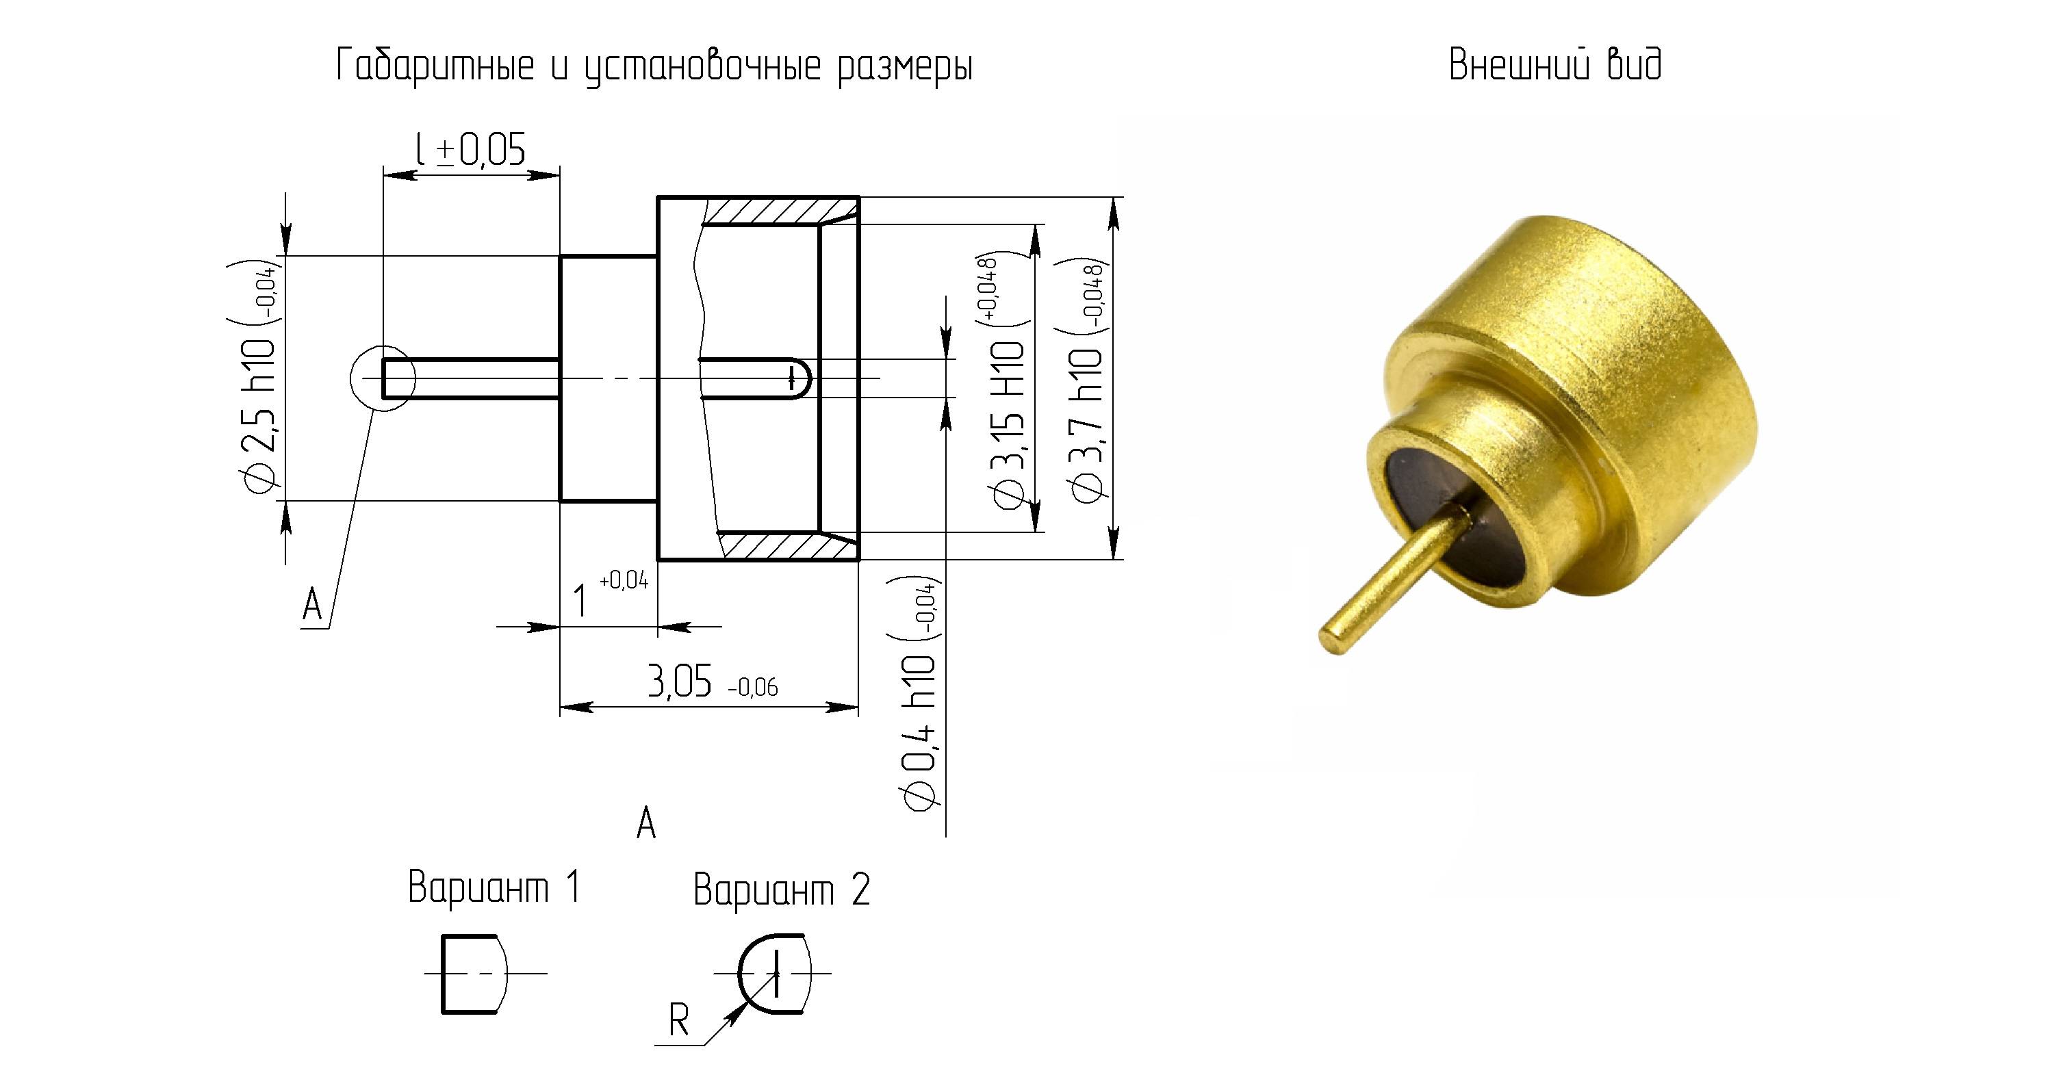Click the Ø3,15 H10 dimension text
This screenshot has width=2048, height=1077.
pyautogui.click(x=1004, y=383)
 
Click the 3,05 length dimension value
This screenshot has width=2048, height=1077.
pyautogui.click(x=713, y=683)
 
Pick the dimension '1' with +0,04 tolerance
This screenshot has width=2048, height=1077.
pyautogui.click(x=611, y=595)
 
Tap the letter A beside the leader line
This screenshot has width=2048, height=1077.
pyautogui.click(x=312, y=606)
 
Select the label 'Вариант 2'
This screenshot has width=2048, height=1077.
pyautogui.click(x=782, y=890)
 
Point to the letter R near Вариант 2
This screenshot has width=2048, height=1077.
pyautogui.click(x=678, y=1021)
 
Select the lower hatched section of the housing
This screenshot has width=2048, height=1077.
pyautogui.click(x=787, y=546)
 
